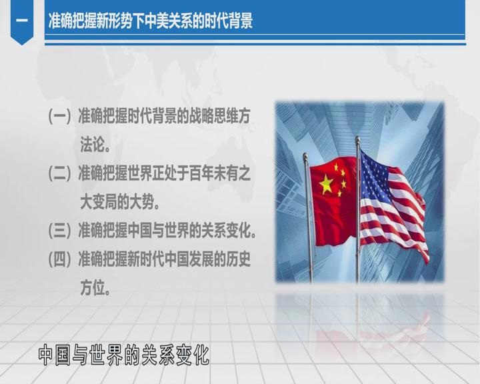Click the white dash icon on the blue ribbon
tap(22, 21)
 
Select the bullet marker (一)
tap(60, 117)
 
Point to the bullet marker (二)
tap(60, 173)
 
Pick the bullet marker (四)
tap(60, 259)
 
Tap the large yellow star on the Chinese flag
tap(326, 184)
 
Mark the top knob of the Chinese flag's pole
tap(305, 156)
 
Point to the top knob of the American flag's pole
tap(357, 139)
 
